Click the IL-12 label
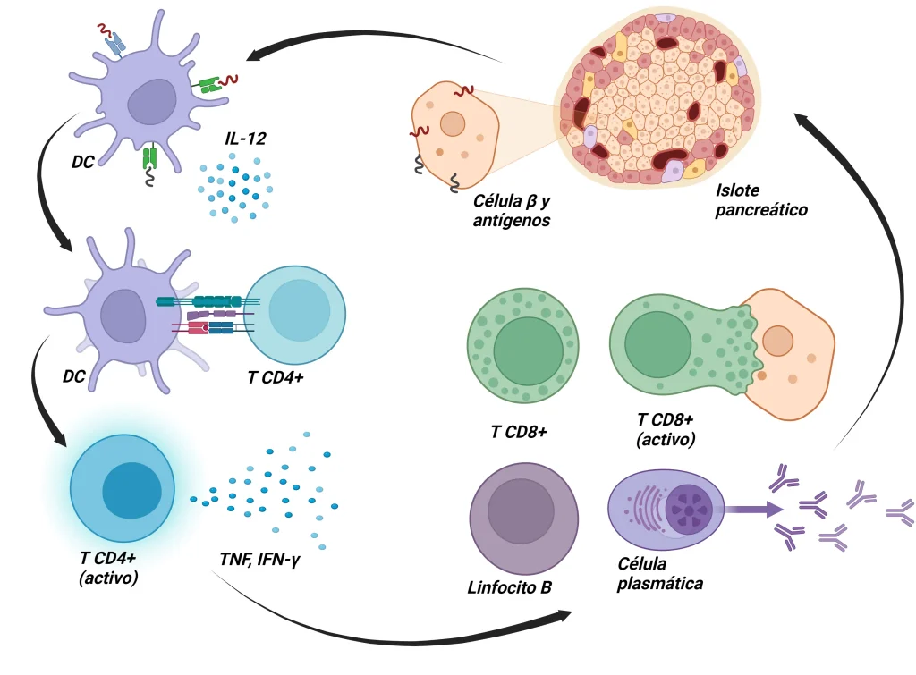point(246,139)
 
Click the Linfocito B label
point(509,587)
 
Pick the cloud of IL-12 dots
point(234,188)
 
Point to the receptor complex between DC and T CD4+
point(204,315)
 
